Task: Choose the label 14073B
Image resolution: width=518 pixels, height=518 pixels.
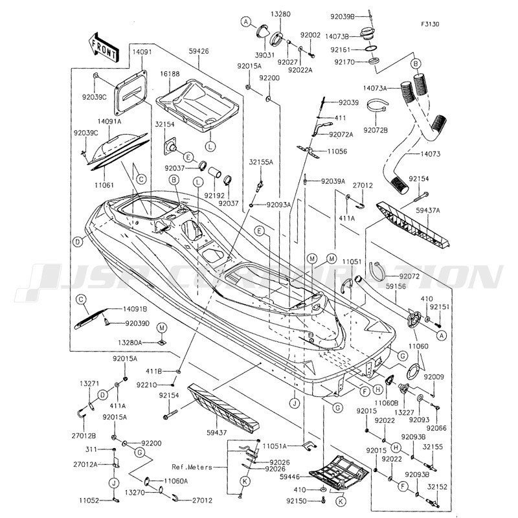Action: tap(355, 36)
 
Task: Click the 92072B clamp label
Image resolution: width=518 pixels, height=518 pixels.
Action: tap(375, 130)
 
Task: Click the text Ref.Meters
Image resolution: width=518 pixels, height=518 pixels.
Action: tap(192, 467)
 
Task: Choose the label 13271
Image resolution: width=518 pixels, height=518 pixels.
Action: tap(89, 383)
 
